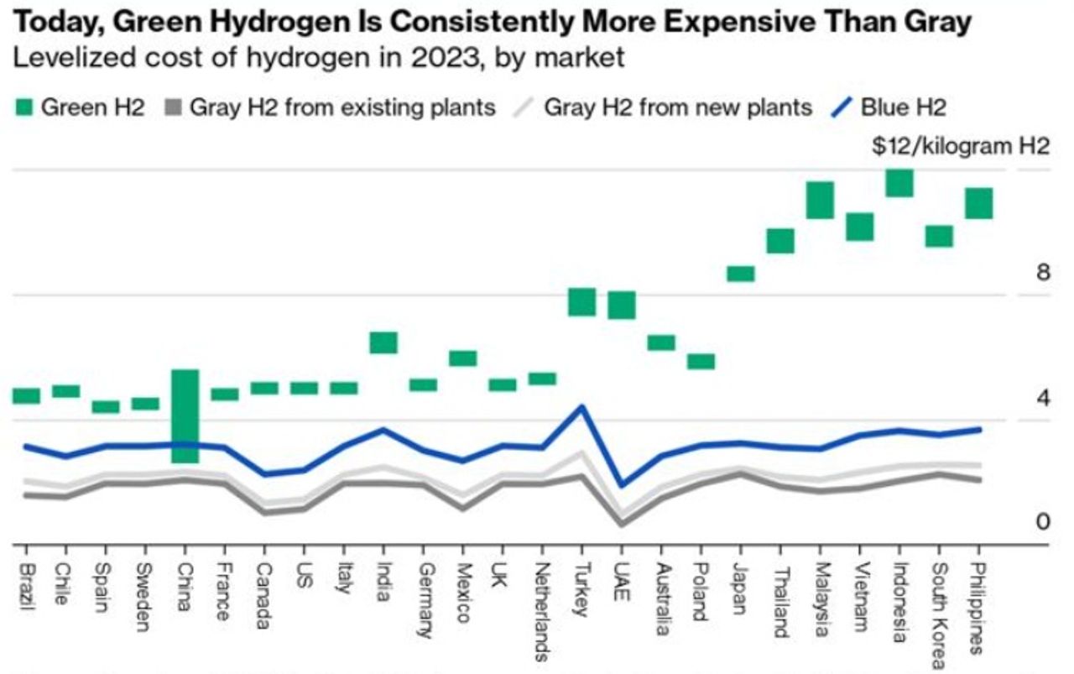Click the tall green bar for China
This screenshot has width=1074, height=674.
pos(185,415)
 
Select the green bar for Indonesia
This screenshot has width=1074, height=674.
pos(899,183)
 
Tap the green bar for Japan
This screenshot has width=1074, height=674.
pos(740,274)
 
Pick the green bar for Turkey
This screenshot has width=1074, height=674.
pos(581,302)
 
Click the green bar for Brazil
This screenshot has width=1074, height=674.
pos(26,396)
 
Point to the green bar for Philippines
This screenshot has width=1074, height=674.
pos(978,203)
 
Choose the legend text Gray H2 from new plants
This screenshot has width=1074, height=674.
pos(678,107)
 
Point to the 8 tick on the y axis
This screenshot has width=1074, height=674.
pos(1043,273)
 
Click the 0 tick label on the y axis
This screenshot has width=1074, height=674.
pos(1043,522)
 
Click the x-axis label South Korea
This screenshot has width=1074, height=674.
pos(940,598)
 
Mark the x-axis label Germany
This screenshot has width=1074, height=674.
pos(423,598)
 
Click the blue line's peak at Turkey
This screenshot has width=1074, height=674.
pos(581,407)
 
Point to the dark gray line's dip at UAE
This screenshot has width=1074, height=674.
pos(621,524)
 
